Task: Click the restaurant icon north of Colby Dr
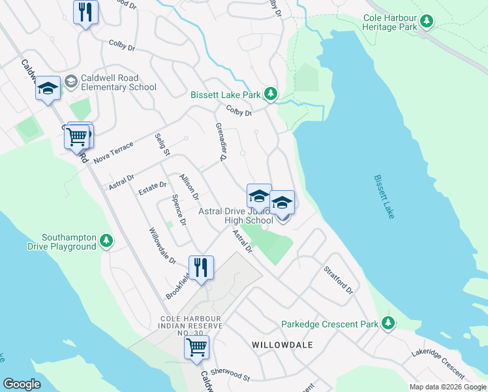[85, 12]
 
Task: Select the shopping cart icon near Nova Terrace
[76, 137]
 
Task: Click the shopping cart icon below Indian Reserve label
[196, 347]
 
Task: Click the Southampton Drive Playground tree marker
[106, 242]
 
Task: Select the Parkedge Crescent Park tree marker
[389, 323]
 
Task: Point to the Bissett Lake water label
[384, 196]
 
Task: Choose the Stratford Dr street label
[339, 280]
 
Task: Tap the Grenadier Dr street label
[221, 141]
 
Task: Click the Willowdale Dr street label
[162, 246]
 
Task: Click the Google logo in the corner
[22, 384]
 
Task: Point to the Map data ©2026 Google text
[447, 387]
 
